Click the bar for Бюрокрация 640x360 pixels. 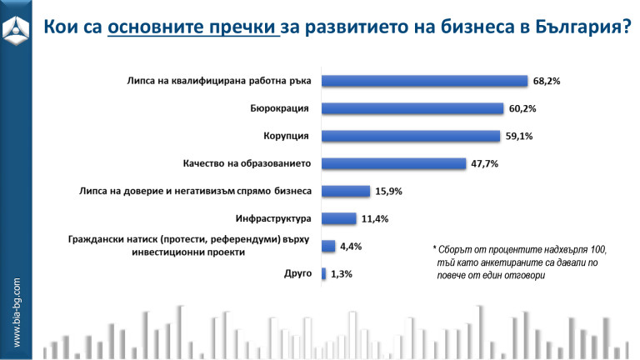tap(413, 108)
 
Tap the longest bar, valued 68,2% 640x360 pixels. tap(425, 81)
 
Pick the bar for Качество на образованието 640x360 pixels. tap(393, 163)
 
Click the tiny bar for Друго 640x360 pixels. tap(324, 273)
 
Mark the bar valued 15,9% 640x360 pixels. tap(346, 191)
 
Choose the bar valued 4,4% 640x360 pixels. tap(328, 246)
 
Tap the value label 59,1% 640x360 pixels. tap(520, 136)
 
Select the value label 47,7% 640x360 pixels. tap(484, 163)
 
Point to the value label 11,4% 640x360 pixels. tap(374, 218)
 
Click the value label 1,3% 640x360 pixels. tap(342, 273)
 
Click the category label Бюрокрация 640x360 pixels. tap(280, 108)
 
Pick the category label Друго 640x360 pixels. tap(297, 273)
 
